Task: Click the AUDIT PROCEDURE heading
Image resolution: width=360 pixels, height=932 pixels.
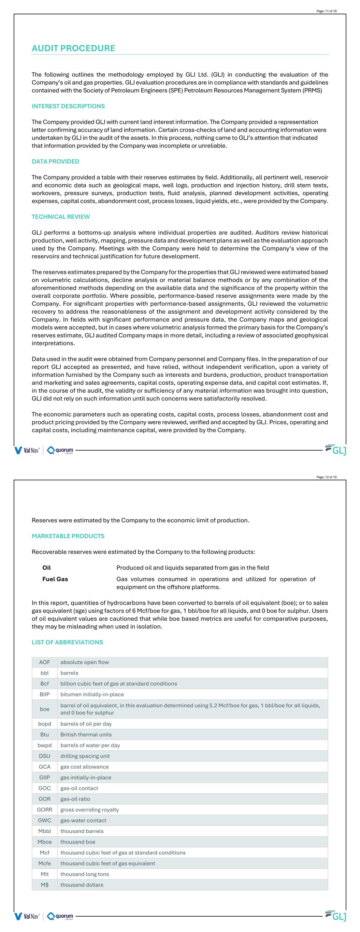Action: pyautogui.click(x=73, y=48)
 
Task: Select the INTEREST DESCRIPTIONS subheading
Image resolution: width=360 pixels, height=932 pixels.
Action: pyautogui.click(x=68, y=106)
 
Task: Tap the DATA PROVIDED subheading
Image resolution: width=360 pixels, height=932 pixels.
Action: pyautogui.click(x=55, y=161)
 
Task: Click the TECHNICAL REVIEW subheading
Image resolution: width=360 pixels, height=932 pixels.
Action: pyautogui.click(x=60, y=217)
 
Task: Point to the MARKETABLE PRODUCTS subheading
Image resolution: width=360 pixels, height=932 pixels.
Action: pyautogui.click(x=68, y=536)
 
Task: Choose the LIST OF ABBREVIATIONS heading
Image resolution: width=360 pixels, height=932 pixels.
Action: pyautogui.click(x=67, y=642)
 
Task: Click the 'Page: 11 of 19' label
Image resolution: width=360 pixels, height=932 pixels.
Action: pyautogui.click(x=326, y=11)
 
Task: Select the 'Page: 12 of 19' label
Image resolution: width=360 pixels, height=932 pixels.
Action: pyautogui.click(x=326, y=477)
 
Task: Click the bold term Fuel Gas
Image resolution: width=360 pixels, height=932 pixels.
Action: pyautogui.click(x=55, y=579)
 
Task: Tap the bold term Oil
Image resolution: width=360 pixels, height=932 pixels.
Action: pyautogui.click(x=46, y=567)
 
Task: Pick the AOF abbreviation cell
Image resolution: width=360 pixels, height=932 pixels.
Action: pyautogui.click(x=44, y=662)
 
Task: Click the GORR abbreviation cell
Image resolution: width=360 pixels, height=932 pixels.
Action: pyautogui.click(x=44, y=809)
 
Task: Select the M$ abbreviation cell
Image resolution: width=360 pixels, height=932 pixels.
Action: pyautogui.click(x=44, y=885)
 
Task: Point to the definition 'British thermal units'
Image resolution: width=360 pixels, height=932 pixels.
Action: pyautogui.click(x=86, y=734)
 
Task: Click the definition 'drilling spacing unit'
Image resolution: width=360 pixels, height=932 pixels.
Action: pyautogui.click(x=85, y=756)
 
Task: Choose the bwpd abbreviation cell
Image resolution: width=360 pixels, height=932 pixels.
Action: pyautogui.click(x=44, y=745)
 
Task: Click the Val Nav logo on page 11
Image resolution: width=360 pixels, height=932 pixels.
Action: pyautogui.click(x=27, y=450)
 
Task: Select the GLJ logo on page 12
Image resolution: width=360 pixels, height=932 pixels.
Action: pyautogui.click(x=336, y=916)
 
